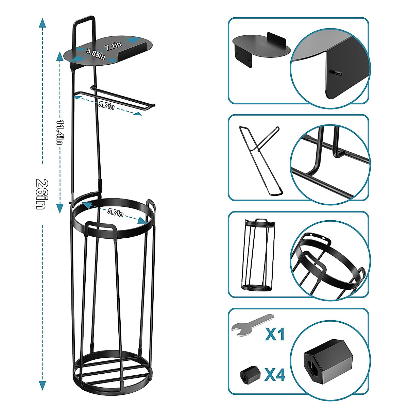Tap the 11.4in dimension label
tap(60, 132)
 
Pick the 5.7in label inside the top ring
tap(116, 213)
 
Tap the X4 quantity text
tap(275, 375)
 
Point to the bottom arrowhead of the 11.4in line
tap(60, 207)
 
